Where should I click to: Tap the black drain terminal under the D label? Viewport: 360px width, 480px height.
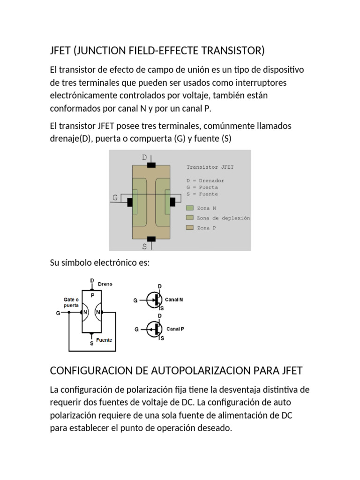point(151,165)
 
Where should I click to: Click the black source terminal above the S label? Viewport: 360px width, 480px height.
point(151,239)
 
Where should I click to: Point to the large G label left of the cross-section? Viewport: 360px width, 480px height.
point(115,198)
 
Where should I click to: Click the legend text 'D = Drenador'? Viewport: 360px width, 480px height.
point(205,180)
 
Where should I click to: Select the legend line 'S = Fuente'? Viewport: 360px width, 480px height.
point(202,194)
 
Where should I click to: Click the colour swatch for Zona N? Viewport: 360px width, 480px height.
point(189,208)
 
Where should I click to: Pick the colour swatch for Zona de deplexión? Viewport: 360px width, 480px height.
point(189,217)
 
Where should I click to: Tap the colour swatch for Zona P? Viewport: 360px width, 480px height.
point(189,228)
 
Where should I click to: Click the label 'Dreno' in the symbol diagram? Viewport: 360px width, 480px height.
point(105,284)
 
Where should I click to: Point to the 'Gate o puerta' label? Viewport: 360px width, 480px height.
point(71,301)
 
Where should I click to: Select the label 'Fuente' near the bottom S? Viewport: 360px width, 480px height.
point(104,340)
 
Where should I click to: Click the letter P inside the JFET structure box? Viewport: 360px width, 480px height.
point(92,296)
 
